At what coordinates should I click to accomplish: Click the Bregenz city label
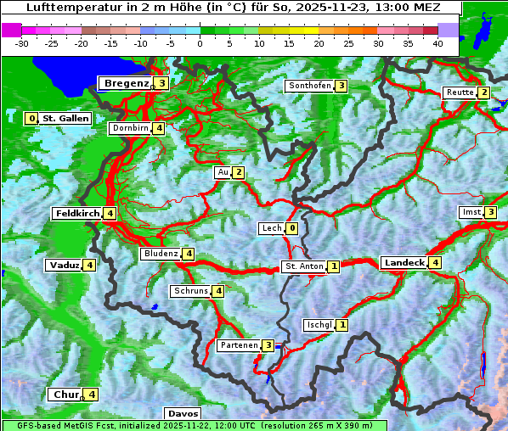(x=127, y=83)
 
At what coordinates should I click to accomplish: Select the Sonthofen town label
(x=309, y=86)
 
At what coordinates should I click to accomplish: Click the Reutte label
(x=460, y=92)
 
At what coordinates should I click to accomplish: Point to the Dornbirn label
(x=131, y=128)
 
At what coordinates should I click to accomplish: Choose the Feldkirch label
(x=77, y=213)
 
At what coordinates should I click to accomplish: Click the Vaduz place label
(x=65, y=265)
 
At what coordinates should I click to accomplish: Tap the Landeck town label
(x=404, y=263)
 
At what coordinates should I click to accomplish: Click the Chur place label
(x=65, y=395)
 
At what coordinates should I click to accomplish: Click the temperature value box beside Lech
(x=292, y=228)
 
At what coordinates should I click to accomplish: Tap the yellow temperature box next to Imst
(x=490, y=211)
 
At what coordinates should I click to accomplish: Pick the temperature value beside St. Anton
(x=334, y=266)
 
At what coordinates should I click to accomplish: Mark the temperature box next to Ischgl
(x=341, y=324)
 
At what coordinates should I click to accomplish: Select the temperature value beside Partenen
(x=268, y=345)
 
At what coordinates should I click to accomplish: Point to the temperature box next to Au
(x=239, y=173)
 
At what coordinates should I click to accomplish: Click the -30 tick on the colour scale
(x=22, y=42)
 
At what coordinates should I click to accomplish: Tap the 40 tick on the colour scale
(x=437, y=42)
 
